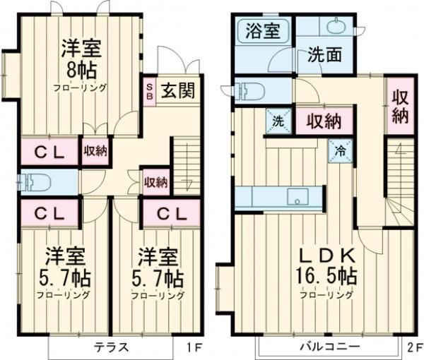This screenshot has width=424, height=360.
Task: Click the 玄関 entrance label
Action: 177,90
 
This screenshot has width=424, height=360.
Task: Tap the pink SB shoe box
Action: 149,91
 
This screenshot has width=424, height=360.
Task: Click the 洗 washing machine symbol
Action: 278,121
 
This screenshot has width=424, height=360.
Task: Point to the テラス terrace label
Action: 111,347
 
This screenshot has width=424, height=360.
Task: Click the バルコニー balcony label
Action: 329,347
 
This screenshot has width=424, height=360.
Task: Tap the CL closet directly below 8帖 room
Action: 47,151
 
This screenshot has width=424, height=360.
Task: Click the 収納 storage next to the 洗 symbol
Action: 324,121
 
